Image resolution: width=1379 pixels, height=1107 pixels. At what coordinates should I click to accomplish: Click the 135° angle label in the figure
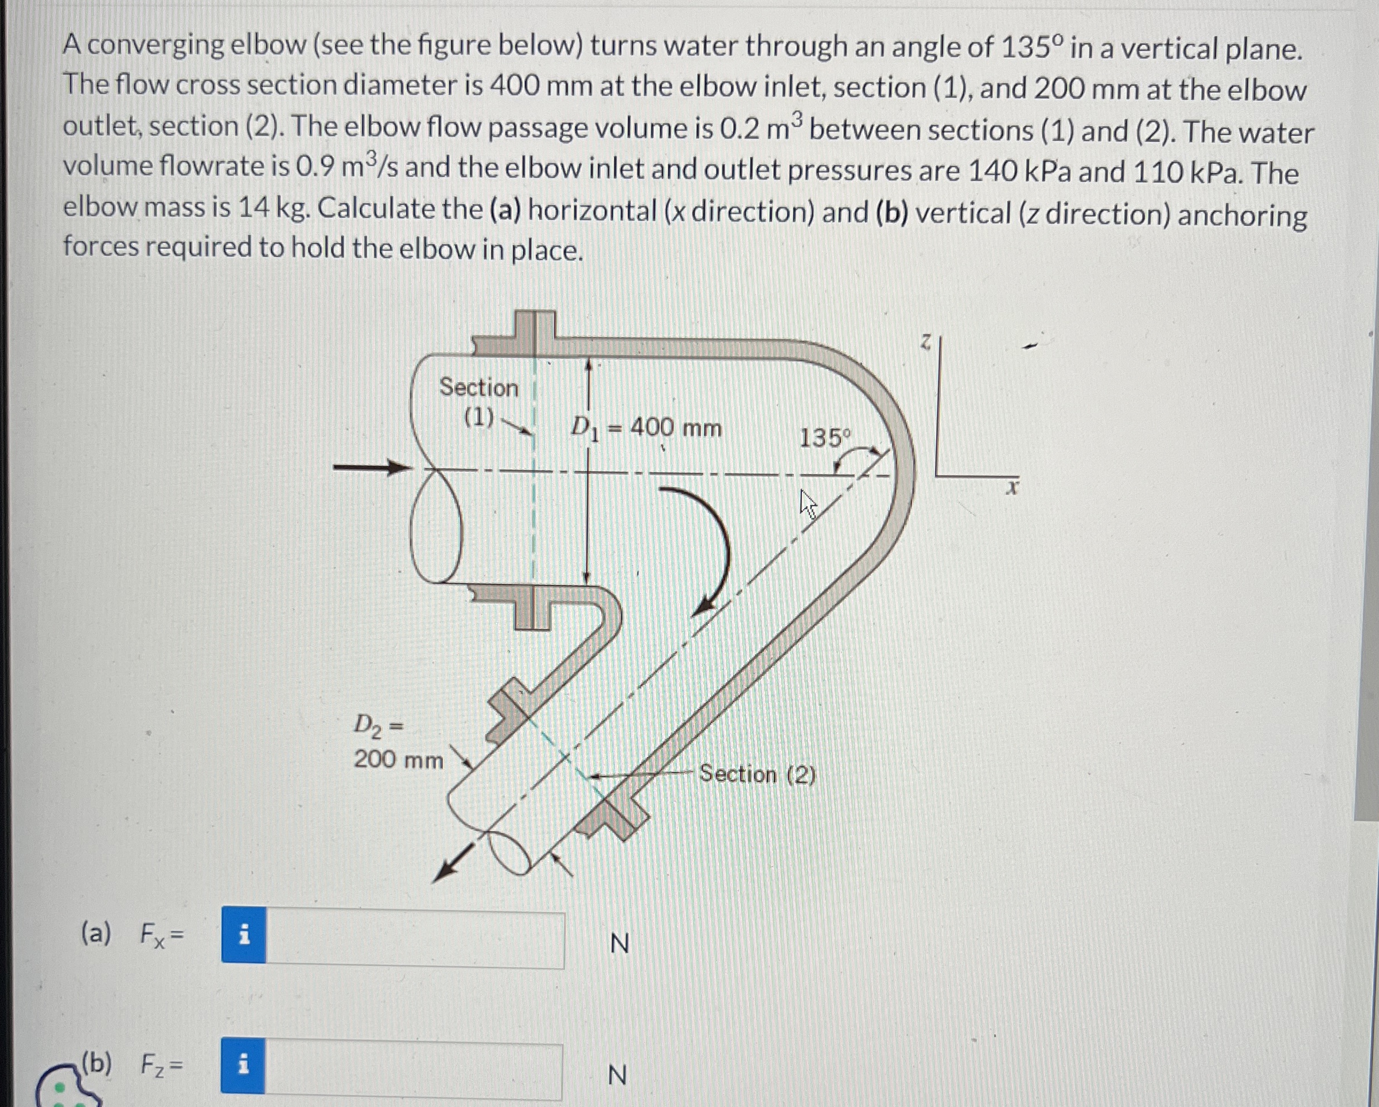tap(824, 438)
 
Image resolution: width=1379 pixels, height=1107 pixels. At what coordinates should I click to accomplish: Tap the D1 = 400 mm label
tap(646, 428)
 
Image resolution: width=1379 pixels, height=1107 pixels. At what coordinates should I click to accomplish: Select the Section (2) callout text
tap(757, 774)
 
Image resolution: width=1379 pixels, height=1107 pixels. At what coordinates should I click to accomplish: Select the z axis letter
tap(925, 343)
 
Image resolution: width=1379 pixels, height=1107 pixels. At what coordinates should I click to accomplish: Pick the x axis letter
tap(1011, 489)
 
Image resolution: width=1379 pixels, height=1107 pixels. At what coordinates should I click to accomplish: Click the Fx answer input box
tap(415, 940)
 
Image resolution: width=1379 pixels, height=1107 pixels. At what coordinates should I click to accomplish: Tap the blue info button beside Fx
tap(244, 935)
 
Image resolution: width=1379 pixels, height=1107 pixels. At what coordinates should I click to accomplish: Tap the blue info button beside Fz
tap(243, 1066)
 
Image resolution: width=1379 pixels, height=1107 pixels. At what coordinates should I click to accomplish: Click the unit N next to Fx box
tap(619, 943)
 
